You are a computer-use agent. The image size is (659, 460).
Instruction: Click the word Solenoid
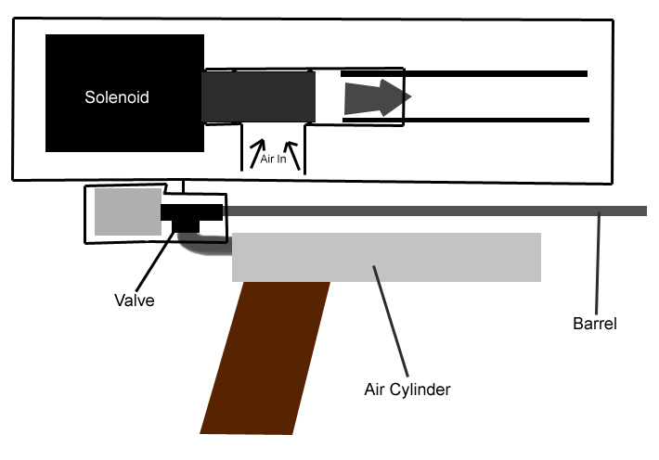coord(117,96)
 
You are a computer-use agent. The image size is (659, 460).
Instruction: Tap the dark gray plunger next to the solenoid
coord(259,96)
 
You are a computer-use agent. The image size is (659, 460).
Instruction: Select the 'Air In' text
coord(274,159)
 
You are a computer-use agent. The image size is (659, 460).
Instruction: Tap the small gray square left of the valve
coord(127,211)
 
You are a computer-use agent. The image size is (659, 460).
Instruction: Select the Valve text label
coord(134,300)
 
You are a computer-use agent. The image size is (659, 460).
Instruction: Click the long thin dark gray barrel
coord(436,211)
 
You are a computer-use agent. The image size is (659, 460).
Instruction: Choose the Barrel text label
coord(595,324)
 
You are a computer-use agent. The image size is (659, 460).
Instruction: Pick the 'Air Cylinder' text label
coord(407,390)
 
